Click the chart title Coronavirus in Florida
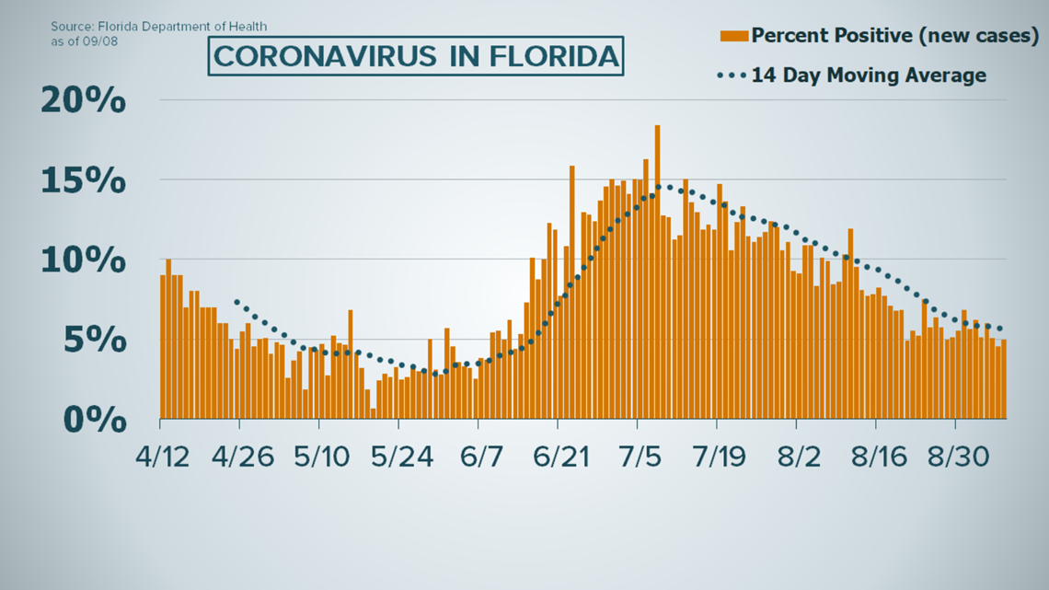click(415, 56)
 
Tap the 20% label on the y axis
click(84, 101)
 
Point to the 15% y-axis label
click(84, 181)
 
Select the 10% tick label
click(84, 260)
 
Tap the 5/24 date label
click(398, 457)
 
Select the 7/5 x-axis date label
click(637, 457)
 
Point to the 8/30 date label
click(955, 457)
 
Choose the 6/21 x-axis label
click(558, 457)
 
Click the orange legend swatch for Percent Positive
click(733, 36)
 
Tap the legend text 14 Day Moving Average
click(869, 75)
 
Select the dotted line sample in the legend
click(732, 75)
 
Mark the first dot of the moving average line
click(236, 302)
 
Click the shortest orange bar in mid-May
click(374, 413)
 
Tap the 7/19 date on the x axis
click(717, 457)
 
